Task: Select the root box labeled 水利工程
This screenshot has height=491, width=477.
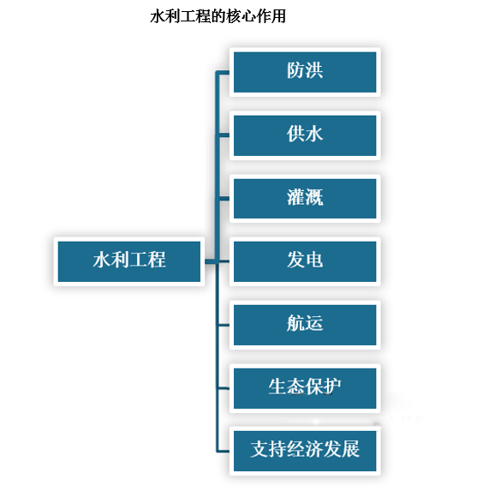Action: pos(129,260)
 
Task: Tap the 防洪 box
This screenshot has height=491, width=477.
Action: pos(304,72)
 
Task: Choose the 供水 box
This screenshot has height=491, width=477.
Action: pos(304,135)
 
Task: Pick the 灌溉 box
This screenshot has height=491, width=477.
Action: pos(304,198)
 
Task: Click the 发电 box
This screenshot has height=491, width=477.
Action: pos(304,260)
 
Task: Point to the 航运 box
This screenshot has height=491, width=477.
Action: pos(304,324)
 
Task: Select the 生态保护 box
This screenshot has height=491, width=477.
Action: pos(304,386)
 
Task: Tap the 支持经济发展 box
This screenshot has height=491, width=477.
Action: pos(304,449)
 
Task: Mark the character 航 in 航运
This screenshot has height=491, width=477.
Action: pos(295,324)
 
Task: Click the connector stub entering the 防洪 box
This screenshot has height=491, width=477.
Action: pos(224,73)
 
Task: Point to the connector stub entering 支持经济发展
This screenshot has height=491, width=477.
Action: pos(224,450)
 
